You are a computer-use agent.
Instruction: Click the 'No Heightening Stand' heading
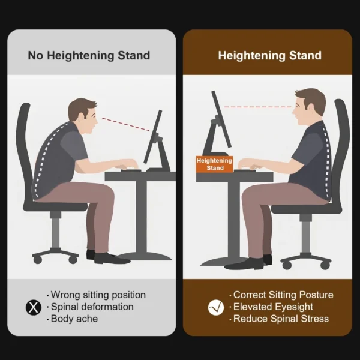[89, 56]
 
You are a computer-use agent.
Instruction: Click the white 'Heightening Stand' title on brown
[269, 56]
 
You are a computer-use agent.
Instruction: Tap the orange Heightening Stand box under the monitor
[215, 164]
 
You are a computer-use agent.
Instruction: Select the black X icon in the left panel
[34, 307]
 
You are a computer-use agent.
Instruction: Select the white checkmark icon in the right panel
[215, 307]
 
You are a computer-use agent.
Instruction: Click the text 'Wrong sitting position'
[98, 295]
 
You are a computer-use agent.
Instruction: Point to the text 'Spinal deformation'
[92, 307]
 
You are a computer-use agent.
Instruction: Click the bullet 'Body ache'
[74, 319]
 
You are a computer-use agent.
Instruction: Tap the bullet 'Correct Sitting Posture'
[283, 295]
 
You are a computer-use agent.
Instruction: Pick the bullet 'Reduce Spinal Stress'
[281, 319]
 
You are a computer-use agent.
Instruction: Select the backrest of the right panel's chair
[340, 150]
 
